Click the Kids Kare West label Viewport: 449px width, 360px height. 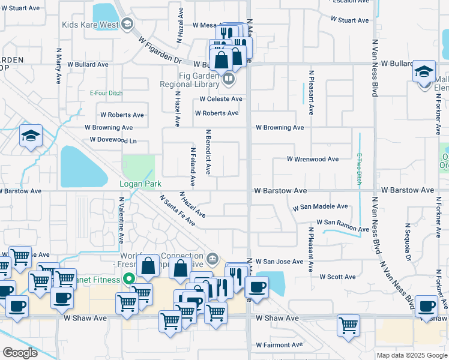point(90,25)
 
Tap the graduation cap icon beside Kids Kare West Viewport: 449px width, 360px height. point(127,24)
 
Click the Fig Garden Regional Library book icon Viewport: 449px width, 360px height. point(228,78)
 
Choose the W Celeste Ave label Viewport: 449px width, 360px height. point(221,99)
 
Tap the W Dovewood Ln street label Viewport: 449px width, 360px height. point(113,140)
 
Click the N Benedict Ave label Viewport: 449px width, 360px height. point(208,152)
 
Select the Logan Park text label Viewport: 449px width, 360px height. point(137,184)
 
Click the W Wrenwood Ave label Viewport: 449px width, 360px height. point(312,159)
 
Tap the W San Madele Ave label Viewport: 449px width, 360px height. point(320,207)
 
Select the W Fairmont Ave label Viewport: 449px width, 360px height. point(279,345)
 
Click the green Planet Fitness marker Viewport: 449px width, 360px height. point(127,278)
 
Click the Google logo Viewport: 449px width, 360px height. point(20,352)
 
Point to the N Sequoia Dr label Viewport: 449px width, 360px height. point(408,240)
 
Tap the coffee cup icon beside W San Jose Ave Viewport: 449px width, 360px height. point(257,287)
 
